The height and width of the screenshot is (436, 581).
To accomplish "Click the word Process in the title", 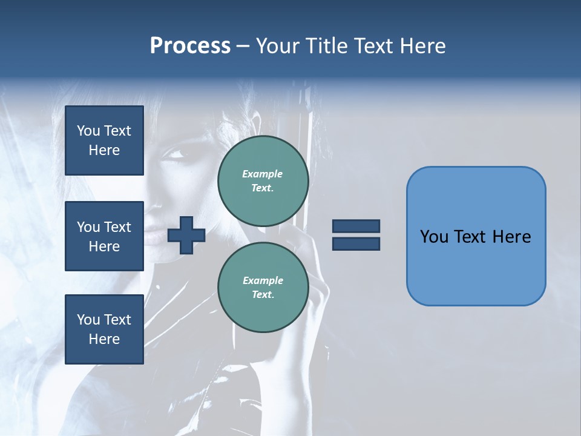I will [190, 46].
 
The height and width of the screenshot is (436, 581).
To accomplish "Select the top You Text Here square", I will [104, 140].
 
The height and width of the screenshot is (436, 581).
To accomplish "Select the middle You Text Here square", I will [104, 236].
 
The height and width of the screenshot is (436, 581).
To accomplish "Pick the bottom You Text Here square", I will [104, 329].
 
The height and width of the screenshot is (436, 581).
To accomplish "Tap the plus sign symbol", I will [186, 235].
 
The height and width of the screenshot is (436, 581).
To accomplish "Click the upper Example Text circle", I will [263, 181].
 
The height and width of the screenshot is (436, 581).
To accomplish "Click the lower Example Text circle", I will [263, 288].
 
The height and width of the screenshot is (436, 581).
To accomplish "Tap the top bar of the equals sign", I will [356, 226].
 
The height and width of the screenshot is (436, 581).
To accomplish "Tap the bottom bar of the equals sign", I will [356, 243].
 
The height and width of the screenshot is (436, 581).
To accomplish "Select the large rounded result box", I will [476, 236].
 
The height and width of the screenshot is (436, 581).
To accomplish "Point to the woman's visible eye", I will [176, 152].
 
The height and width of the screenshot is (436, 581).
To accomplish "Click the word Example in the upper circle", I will [263, 174].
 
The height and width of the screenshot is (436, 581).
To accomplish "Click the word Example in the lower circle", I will [263, 280].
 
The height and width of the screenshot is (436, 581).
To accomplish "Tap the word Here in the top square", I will [104, 150].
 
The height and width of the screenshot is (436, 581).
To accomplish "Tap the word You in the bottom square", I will [88, 320].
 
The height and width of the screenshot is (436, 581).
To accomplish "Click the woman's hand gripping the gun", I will [309, 254].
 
